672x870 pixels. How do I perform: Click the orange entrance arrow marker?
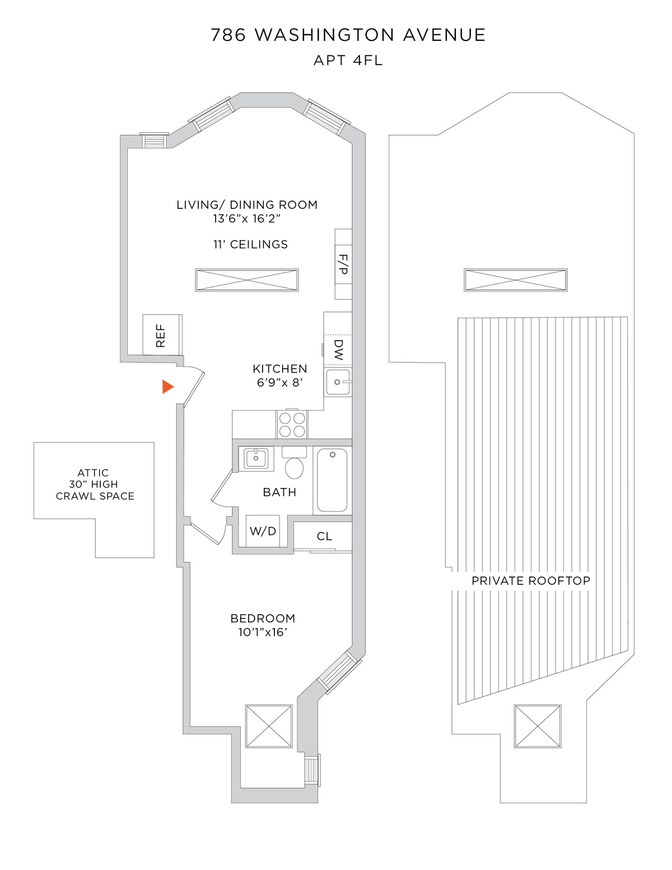point(167,387)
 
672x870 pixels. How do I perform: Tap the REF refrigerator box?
point(162,335)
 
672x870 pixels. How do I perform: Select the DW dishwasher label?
point(338,349)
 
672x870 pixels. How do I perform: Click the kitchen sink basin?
point(338,382)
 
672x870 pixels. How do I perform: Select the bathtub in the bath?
point(332,480)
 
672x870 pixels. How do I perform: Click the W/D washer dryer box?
point(263,531)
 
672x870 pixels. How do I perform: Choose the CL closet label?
point(324,536)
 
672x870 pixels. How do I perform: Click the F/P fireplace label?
point(343,264)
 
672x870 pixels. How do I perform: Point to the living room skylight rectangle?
point(247,280)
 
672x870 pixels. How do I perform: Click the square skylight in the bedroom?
point(269,725)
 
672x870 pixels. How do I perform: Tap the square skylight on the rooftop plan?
point(538,726)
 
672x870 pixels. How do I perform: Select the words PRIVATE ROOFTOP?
point(530,581)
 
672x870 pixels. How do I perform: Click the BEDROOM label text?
point(263,618)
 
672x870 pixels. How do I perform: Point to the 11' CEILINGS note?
point(250,244)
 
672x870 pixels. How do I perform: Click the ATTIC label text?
point(93,473)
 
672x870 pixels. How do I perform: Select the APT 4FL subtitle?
point(348,61)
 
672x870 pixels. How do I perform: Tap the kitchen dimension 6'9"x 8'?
point(280,383)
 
